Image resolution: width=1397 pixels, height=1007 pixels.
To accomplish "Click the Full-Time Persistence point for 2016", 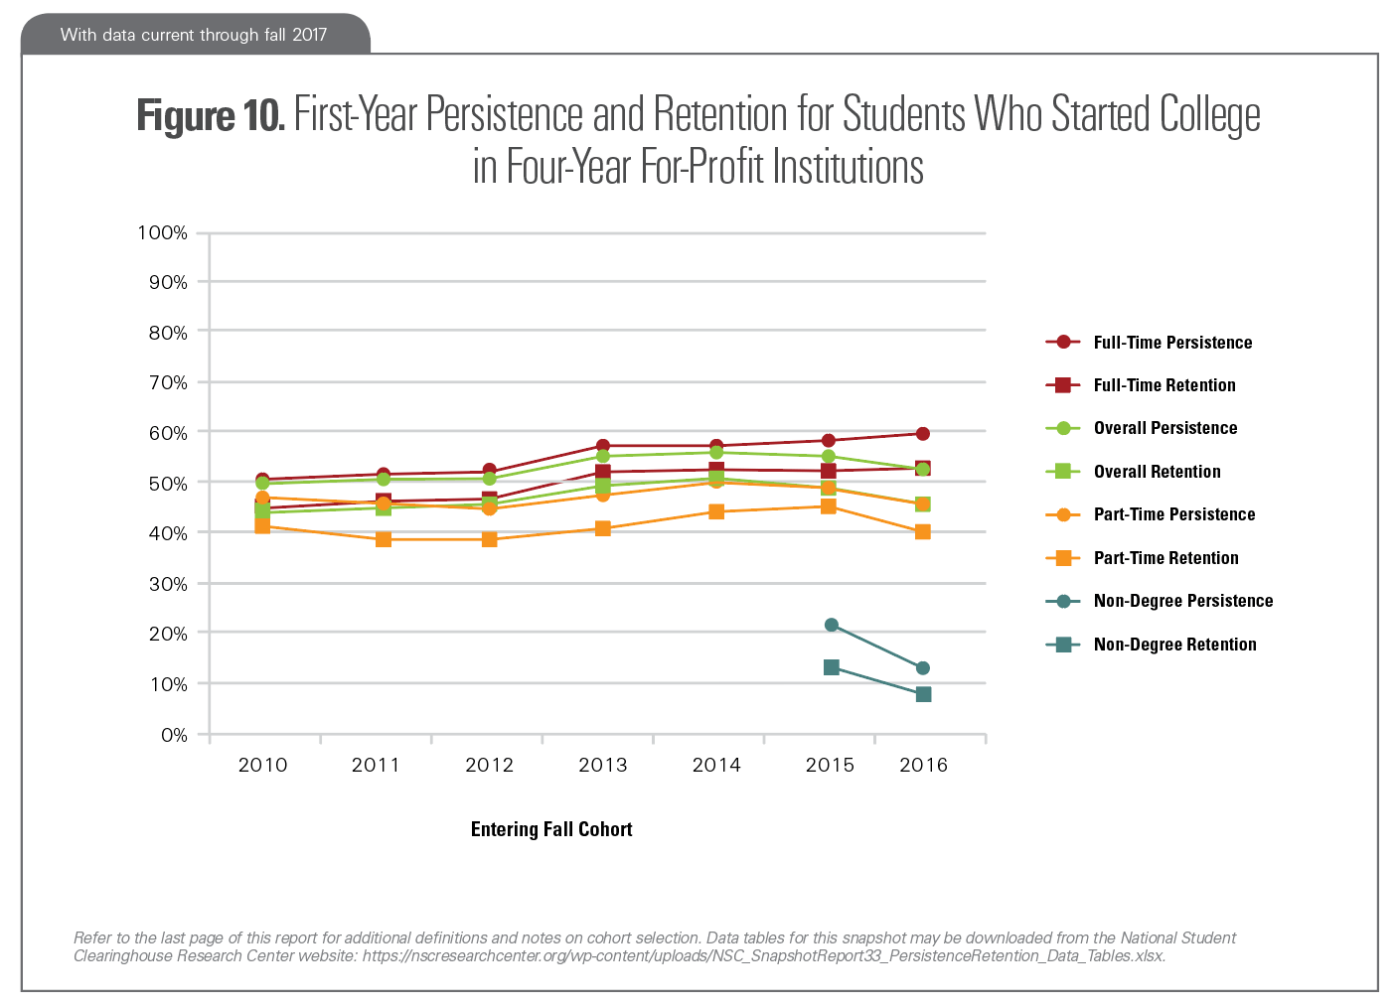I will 923,434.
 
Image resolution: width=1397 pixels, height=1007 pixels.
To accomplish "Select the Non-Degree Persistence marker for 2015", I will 832,625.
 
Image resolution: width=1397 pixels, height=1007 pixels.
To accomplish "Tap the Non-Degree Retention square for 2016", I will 923,694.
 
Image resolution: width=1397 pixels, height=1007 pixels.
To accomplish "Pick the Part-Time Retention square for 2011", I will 384,539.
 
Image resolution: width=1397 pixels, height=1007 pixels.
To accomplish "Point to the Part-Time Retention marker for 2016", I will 923,531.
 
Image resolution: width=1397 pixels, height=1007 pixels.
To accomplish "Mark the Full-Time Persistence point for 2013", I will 603,446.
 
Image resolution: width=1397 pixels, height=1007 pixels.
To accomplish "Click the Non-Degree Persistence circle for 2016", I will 923,668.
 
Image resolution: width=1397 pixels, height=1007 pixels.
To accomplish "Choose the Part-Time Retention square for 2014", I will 716,511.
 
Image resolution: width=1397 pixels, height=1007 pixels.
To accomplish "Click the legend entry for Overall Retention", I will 1157,472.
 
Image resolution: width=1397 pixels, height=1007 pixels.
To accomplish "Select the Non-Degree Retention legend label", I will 1174,645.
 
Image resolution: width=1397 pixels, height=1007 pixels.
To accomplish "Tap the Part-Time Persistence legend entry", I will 1173,514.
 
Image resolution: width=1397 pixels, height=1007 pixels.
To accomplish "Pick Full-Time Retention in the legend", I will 1164,385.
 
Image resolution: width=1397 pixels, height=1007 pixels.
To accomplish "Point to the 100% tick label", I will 162,233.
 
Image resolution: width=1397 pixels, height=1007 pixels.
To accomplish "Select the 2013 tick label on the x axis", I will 603,765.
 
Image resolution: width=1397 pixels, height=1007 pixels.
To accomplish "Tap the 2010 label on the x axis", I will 263,765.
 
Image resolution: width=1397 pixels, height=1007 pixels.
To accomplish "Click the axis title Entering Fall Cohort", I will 551,829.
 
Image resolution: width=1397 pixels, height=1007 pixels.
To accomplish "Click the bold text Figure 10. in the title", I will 211,115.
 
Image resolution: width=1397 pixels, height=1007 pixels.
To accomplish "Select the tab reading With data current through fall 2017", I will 194,35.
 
